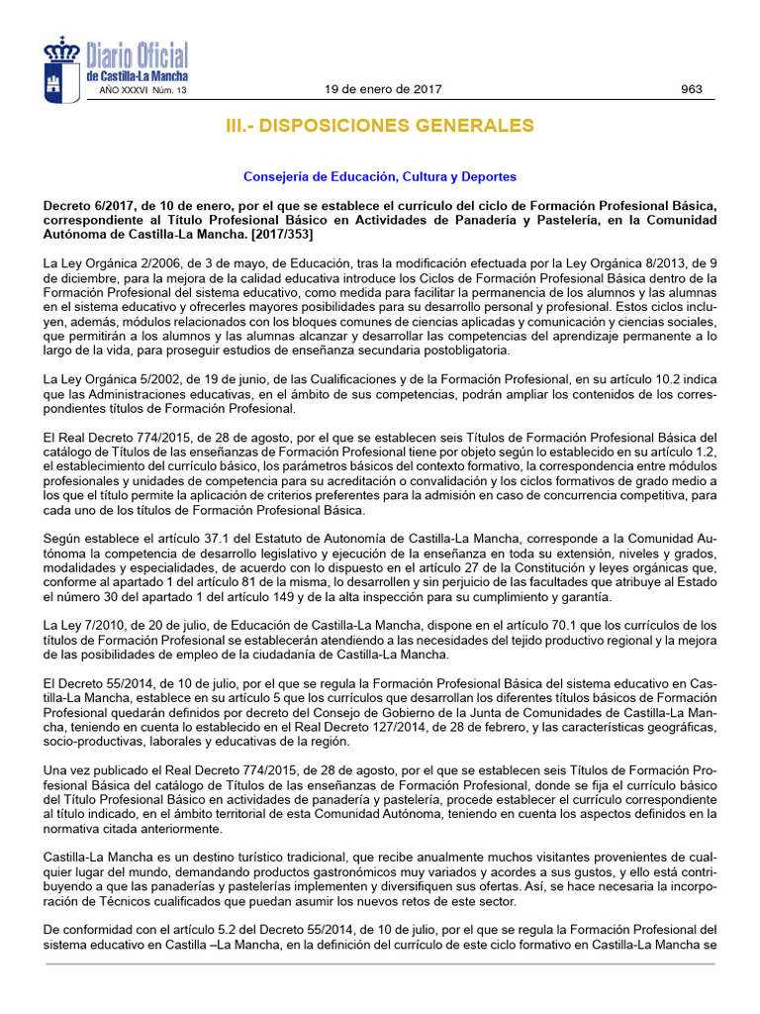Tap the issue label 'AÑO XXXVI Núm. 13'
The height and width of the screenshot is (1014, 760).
click(x=142, y=90)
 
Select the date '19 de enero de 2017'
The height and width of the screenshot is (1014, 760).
click(x=383, y=89)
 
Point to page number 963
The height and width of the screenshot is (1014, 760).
click(x=692, y=89)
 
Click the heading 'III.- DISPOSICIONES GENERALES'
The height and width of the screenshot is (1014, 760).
click(x=380, y=126)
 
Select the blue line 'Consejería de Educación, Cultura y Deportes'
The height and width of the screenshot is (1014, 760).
click(x=380, y=176)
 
